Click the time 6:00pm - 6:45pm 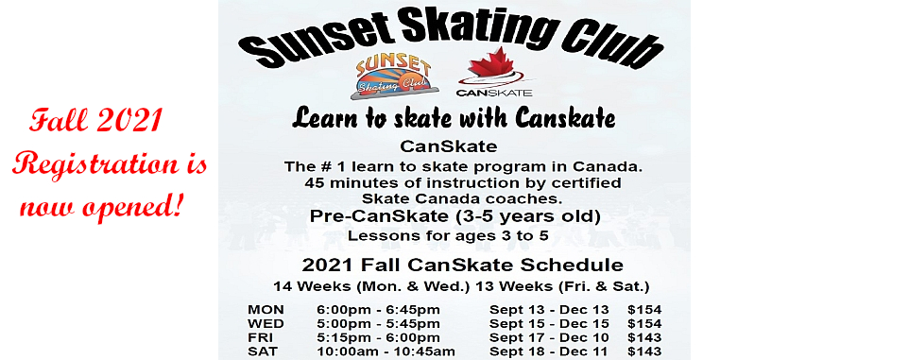click(x=379, y=310)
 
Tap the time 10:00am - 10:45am click(x=386, y=351)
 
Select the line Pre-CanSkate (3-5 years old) click(x=454, y=216)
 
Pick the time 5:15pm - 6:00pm click(x=379, y=337)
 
